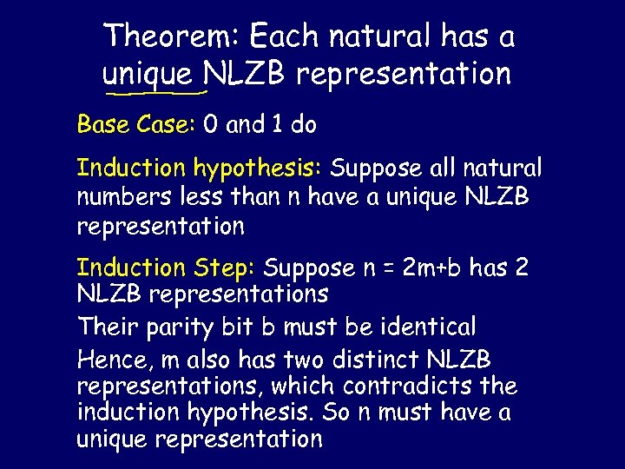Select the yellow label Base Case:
tap(136, 125)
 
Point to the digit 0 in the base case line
tap(210, 125)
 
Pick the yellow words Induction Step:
tap(167, 268)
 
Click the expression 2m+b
tap(432, 268)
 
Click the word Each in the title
tap(284, 36)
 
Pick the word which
tap(302, 385)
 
